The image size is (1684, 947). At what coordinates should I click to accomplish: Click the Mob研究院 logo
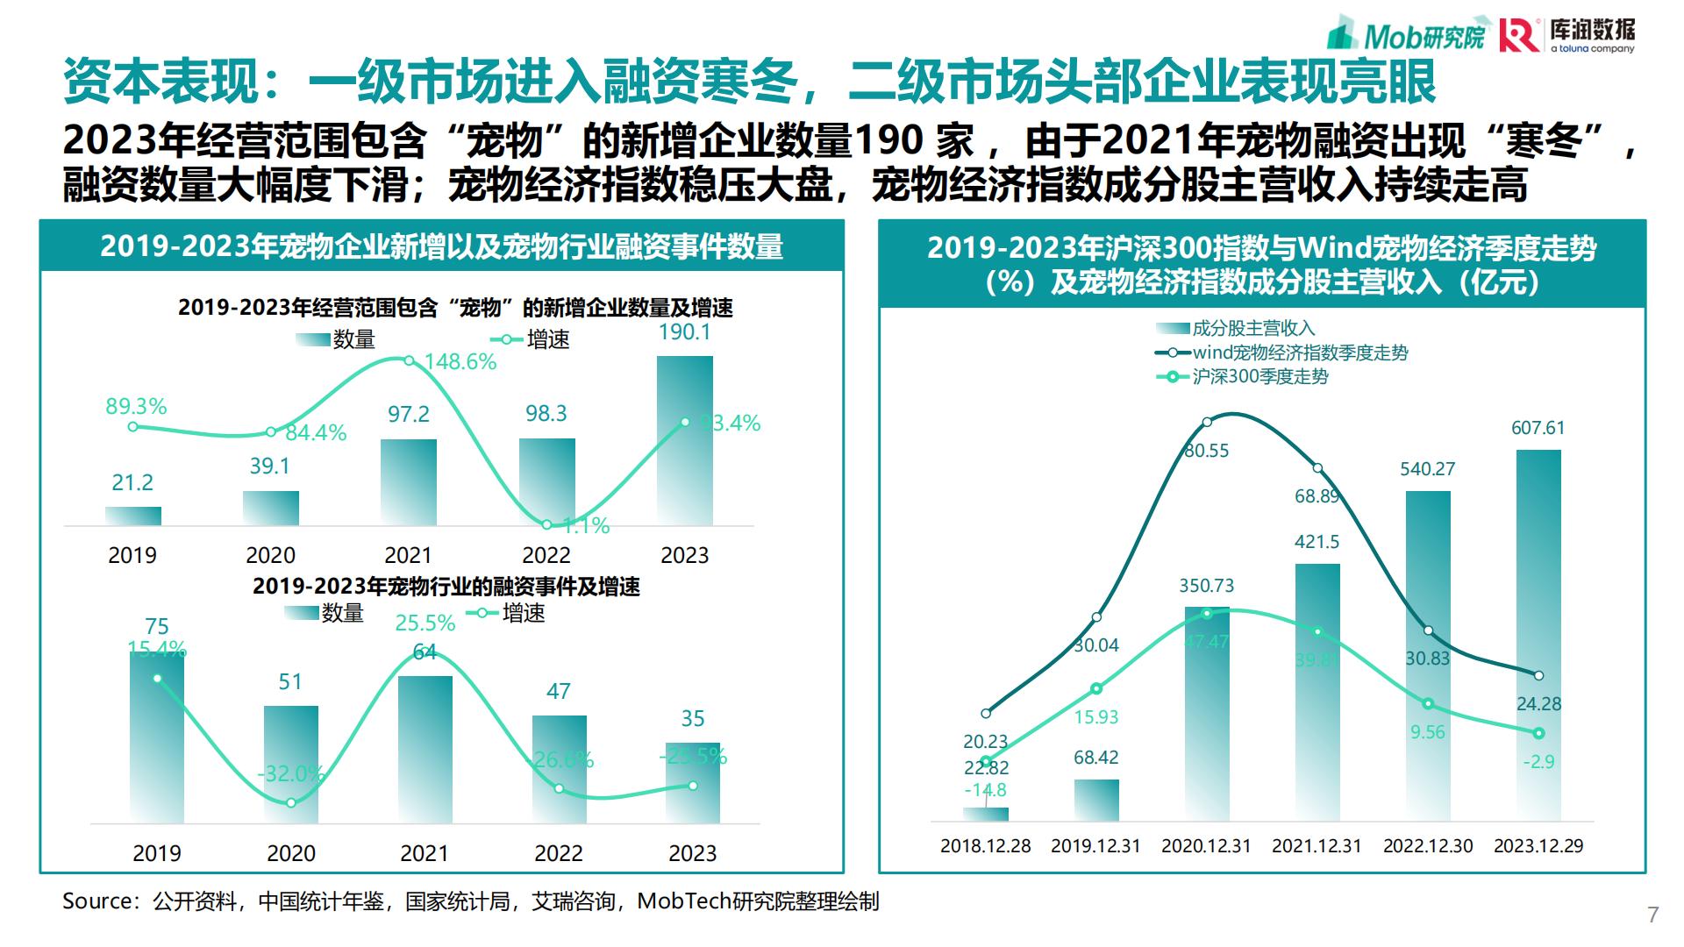tap(1407, 35)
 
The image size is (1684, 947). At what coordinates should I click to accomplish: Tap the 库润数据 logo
tap(1566, 35)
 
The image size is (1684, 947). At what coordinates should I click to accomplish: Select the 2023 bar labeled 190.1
tap(685, 440)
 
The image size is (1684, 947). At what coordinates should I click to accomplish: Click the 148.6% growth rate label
tap(460, 362)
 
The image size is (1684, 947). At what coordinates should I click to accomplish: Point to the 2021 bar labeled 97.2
tap(409, 482)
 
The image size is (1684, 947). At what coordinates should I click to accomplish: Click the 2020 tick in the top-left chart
tap(270, 555)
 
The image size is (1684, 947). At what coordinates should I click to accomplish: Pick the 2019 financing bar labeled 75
tap(157, 737)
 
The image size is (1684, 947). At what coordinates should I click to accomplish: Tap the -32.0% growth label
tap(290, 773)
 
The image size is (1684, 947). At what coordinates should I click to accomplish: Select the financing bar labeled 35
tap(693, 783)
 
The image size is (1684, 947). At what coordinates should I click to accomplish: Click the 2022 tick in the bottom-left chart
tap(559, 853)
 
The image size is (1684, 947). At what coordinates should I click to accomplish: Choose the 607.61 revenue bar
tap(1538, 635)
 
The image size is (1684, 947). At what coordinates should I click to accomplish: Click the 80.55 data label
tap(1207, 451)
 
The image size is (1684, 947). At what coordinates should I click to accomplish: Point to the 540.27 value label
tap(1427, 469)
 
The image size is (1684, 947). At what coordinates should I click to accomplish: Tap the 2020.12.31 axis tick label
tap(1206, 846)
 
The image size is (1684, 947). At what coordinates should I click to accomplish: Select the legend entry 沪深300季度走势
tap(1259, 377)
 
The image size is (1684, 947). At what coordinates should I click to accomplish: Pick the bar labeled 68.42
tap(1096, 800)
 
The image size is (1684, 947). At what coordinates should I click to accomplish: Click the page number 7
tap(1653, 915)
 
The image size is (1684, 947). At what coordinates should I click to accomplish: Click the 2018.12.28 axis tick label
tap(986, 846)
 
